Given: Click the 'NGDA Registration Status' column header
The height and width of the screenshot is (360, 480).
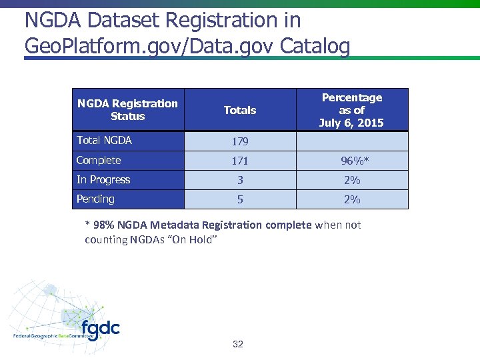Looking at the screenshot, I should point(127,110).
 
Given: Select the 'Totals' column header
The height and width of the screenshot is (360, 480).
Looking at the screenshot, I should point(239,110).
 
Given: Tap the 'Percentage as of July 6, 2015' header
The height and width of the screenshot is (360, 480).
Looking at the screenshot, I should point(351,110).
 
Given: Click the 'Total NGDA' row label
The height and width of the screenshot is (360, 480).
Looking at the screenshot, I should point(104,141).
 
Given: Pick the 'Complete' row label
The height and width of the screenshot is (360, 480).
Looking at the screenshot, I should point(99,161).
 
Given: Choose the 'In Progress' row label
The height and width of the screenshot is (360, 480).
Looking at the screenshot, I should point(103,180).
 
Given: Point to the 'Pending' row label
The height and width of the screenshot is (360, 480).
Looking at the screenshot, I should point(95,199).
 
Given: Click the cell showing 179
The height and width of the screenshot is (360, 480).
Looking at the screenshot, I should point(239,142).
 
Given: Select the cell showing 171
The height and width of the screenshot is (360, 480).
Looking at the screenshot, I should point(239,161).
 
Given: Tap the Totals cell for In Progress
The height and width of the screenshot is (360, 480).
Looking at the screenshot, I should point(239,181).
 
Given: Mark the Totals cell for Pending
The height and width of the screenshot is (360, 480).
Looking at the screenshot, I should point(239,200).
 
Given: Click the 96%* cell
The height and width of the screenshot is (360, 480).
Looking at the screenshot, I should point(351,161).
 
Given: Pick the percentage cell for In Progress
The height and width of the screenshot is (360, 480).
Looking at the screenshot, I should point(351,181).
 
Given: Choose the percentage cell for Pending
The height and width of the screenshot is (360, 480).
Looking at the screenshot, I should point(351,200).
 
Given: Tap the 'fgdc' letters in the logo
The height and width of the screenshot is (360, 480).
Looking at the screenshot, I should point(101,329).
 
